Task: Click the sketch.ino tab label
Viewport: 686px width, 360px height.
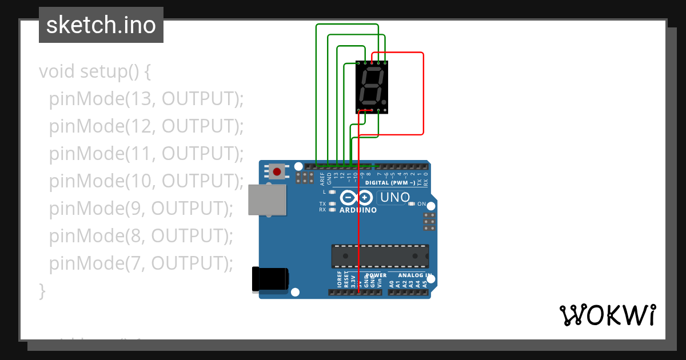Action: tap(101, 25)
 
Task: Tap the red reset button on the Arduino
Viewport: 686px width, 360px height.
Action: tap(278, 171)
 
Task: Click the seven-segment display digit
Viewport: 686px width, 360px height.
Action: tap(371, 85)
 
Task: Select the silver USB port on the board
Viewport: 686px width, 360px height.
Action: tap(268, 199)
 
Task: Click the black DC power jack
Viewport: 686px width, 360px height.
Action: tap(270, 279)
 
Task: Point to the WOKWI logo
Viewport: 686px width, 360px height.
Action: tap(607, 315)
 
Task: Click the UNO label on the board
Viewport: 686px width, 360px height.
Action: tap(395, 198)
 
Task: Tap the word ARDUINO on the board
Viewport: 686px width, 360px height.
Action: tap(358, 210)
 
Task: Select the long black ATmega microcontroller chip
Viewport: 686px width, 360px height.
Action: tap(380, 255)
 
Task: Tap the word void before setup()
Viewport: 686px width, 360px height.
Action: tap(57, 72)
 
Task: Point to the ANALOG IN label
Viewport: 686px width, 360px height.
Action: tap(413, 275)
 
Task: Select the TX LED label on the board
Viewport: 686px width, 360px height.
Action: tap(322, 204)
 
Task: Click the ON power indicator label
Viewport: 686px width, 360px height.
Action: tap(422, 204)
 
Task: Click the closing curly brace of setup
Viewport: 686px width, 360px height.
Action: tap(42, 290)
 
